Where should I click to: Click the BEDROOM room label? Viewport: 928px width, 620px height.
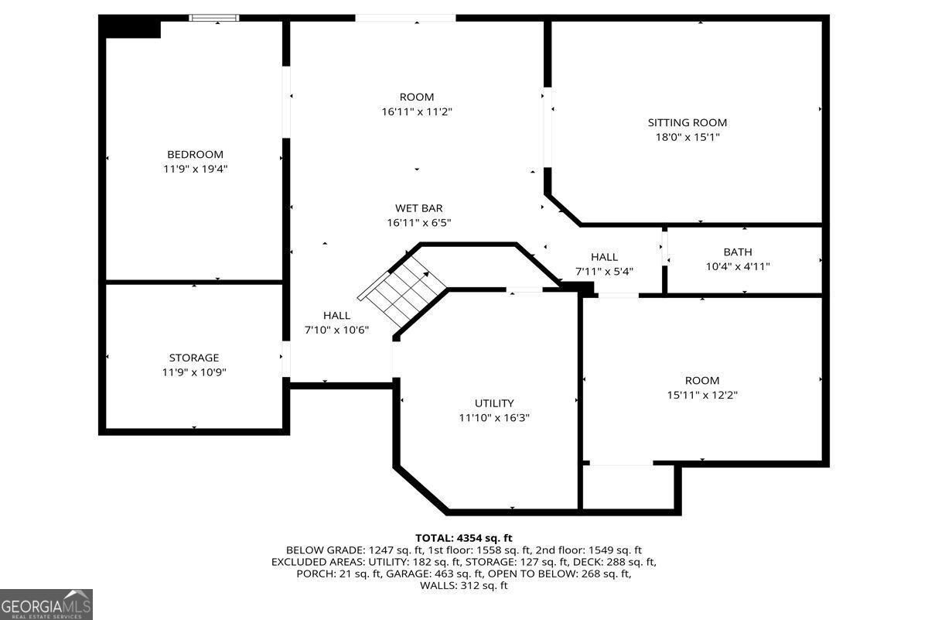(x=195, y=154)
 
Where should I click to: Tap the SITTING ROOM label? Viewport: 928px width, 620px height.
(x=687, y=122)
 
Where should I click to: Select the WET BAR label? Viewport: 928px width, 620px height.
(x=418, y=207)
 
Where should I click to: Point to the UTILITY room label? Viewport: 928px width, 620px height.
(x=493, y=403)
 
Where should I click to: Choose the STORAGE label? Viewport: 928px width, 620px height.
(x=194, y=358)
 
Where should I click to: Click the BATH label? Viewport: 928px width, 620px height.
(x=737, y=252)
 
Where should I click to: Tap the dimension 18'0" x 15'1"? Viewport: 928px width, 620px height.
(x=687, y=137)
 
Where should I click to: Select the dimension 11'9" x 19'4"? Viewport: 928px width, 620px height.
(x=195, y=169)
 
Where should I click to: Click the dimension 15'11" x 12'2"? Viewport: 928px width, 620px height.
(x=701, y=395)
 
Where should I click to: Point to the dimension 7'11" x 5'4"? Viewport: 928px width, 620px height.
(x=604, y=272)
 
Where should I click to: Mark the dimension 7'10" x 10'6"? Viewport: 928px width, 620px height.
(x=336, y=330)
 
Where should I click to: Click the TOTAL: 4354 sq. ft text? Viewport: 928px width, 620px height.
(x=463, y=537)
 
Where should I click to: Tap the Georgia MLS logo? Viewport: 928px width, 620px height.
(x=46, y=604)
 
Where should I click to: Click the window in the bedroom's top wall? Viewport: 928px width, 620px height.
(x=214, y=18)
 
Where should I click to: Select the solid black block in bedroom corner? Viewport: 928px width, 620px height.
(x=132, y=28)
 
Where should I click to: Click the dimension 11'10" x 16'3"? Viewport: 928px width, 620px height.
(x=493, y=418)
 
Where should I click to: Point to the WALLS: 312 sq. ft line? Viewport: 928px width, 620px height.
(x=463, y=586)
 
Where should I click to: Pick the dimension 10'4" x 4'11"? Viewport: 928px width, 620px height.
(x=737, y=266)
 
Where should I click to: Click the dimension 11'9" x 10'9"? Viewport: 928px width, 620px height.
(x=194, y=372)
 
